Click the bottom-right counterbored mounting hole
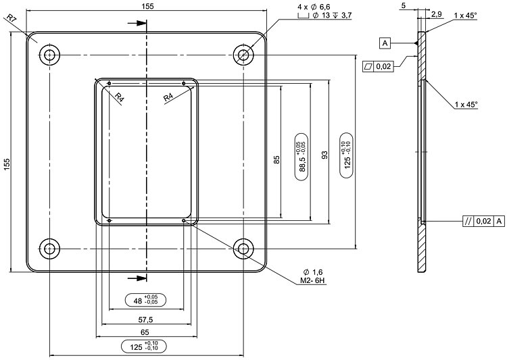tap(244, 249)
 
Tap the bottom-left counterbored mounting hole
tap(49, 249)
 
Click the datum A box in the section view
tap(385, 44)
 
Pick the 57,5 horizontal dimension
tap(146, 319)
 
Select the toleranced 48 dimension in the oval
tap(146, 299)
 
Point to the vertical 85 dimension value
tap(276, 160)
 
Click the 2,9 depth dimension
tap(437, 14)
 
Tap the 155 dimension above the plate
tap(148, 6)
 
